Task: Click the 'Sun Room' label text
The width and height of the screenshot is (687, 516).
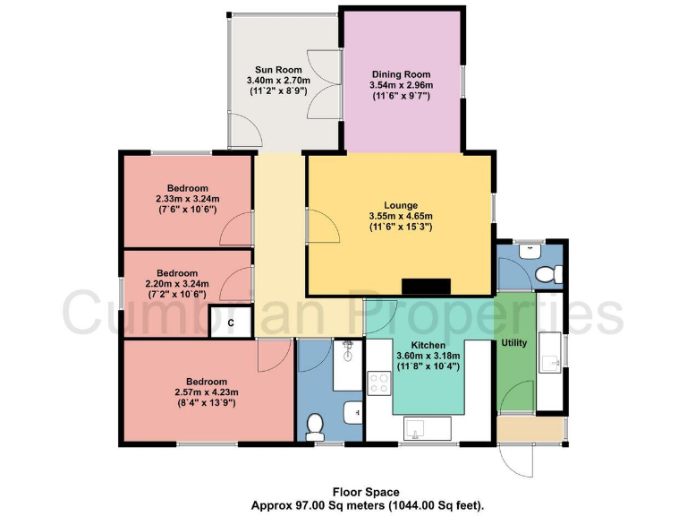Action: pyautogui.click(x=278, y=69)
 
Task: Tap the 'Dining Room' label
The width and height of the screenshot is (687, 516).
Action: pyautogui.click(x=401, y=74)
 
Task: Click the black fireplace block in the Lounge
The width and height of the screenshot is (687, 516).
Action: pyautogui.click(x=425, y=287)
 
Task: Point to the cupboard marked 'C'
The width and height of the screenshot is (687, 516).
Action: pyautogui.click(x=230, y=322)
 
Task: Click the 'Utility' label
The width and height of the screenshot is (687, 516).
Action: pyautogui.click(x=514, y=342)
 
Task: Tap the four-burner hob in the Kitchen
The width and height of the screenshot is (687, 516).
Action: pyautogui.click(x=379, y=383)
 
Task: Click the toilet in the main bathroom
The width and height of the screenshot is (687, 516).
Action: pyautogui.click(x=315, y=427)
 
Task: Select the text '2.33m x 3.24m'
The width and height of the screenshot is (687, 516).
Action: pyautogui.click(x=187, y=199)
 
